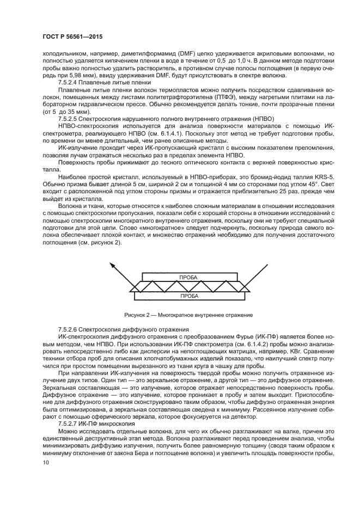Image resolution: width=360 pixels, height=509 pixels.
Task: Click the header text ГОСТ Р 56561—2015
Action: pos(72,36)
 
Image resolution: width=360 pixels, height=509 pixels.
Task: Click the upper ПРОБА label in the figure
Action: pos(188,277)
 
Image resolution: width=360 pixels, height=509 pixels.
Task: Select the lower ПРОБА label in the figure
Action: pos(188,296)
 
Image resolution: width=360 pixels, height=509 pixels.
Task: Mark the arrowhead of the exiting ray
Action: pos(112,265)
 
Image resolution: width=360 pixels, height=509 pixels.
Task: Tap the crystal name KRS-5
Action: pos(305,178)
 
